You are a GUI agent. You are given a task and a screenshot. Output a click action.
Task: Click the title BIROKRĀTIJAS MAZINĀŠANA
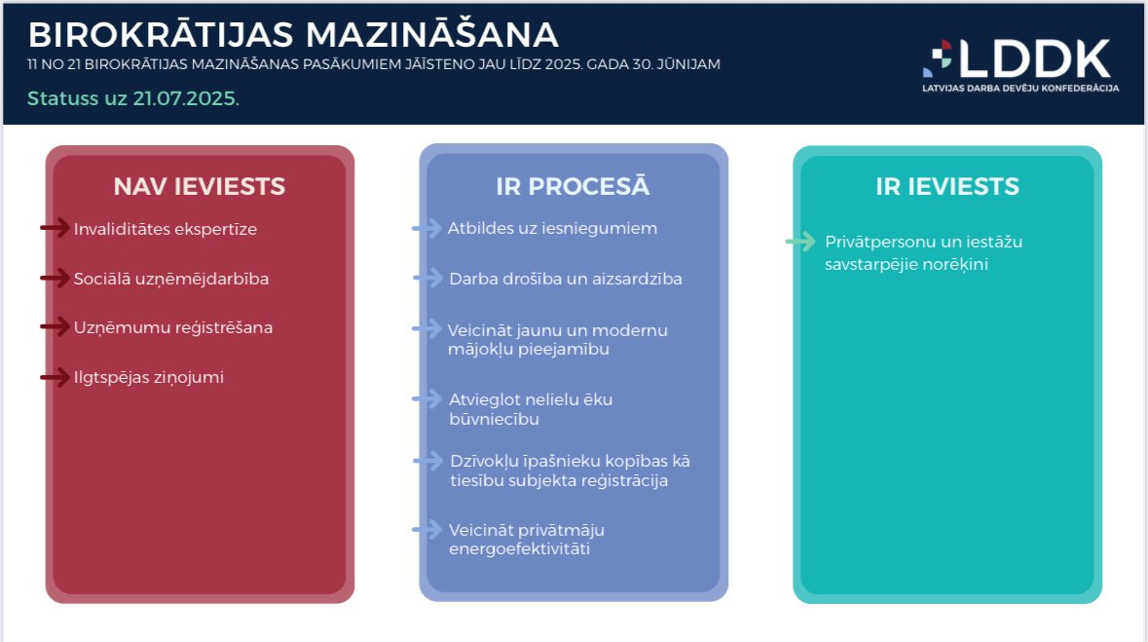click(293, 35)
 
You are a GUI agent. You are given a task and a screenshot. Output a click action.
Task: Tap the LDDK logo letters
click(1034, 58)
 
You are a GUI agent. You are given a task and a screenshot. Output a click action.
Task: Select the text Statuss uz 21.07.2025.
click(133, 98)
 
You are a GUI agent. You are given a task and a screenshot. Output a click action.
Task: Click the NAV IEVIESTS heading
click(199, 186)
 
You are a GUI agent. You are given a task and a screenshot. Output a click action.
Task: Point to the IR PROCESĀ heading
click(573, 186)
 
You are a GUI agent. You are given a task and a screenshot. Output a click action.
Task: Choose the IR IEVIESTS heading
click(946, 186)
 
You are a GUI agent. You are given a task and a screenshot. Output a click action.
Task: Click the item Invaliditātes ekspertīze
click(166, 229)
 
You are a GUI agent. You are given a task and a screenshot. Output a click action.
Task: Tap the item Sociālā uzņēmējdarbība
click(171, 279)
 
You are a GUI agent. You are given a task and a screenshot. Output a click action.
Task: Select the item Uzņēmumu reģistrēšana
click(173, 327)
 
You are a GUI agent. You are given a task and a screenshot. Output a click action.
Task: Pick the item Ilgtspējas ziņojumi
click(149, 377)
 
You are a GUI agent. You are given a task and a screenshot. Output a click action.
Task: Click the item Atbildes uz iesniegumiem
click(552, 228)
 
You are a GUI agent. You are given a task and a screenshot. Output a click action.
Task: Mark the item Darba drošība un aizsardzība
click(565, 279)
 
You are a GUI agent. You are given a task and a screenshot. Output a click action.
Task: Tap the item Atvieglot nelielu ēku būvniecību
click(531, 409)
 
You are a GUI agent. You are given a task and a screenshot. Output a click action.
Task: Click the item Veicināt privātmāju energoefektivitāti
click(527, 540)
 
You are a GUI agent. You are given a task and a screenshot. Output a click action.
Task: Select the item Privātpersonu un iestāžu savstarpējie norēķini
click(923, 252)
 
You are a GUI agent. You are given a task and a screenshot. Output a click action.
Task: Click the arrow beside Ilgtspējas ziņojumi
click(55, 377)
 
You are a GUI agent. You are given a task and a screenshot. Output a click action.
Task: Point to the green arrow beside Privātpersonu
click(800, 242)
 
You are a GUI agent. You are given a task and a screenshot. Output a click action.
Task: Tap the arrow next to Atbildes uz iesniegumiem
click(426, 228)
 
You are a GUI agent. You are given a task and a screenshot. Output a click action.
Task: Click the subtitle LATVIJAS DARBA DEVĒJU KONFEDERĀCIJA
click(1020, 88)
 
